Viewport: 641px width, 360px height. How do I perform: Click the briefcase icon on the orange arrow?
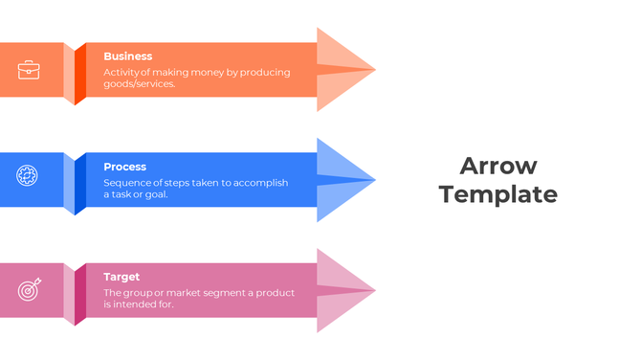click(x=29, y=70)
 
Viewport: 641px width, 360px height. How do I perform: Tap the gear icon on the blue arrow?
click(x=28, y=175)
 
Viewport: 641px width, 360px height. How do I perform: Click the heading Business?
click(x=127, y=56)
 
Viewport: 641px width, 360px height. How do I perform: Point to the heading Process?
click(x=124, y=167)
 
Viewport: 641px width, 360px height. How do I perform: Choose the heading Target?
click(x=122, y=277)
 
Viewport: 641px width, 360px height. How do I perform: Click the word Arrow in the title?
click(x=497, y=166)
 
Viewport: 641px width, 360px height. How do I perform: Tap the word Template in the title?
click(x=497, y=194)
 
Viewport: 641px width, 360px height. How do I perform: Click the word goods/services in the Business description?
click(x=140, y=83)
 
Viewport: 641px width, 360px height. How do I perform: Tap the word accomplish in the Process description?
click(x=256, y=182)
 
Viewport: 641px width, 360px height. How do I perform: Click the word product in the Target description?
click(x=274, y=292)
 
